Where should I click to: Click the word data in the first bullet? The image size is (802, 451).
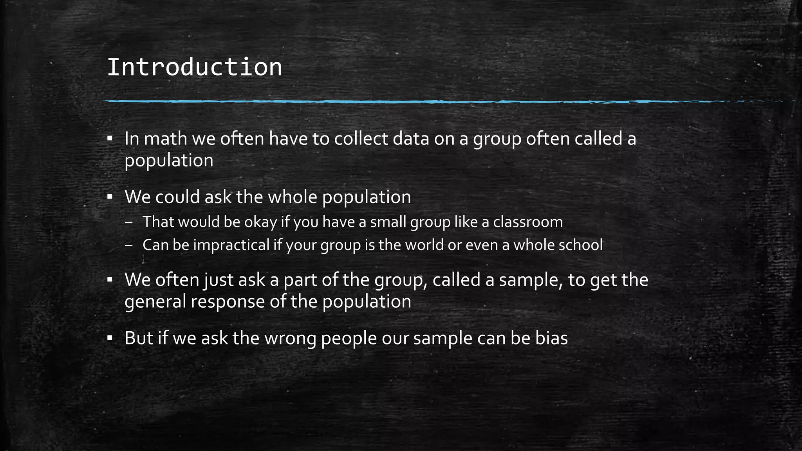[411, 139]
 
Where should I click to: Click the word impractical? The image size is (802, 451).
[231, 245]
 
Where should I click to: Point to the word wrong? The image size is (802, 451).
[290, 338]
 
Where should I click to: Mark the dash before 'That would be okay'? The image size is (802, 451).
[129, 222]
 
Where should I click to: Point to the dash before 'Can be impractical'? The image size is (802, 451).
[129, 245]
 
